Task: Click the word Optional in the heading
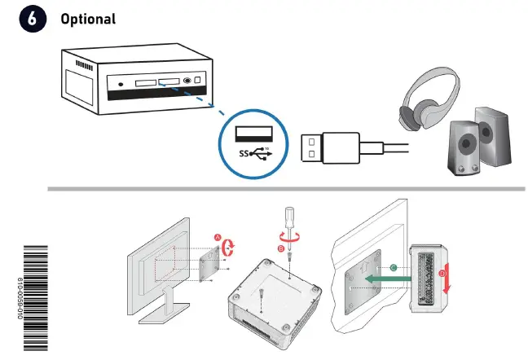pyautogui.click(x=88, y=19)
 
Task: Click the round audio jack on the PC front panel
pyautogui.click(x=188, y=81)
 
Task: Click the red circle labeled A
pyautogui.click(x=218, y=237)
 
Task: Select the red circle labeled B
pyautogui.click(x=281, y=248)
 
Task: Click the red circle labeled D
pyautogui.click(x=443, y=274)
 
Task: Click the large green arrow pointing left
pyautogui.click(x=383, y=278)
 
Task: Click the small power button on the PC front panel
pyautogui.click(x=121, y=83)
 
